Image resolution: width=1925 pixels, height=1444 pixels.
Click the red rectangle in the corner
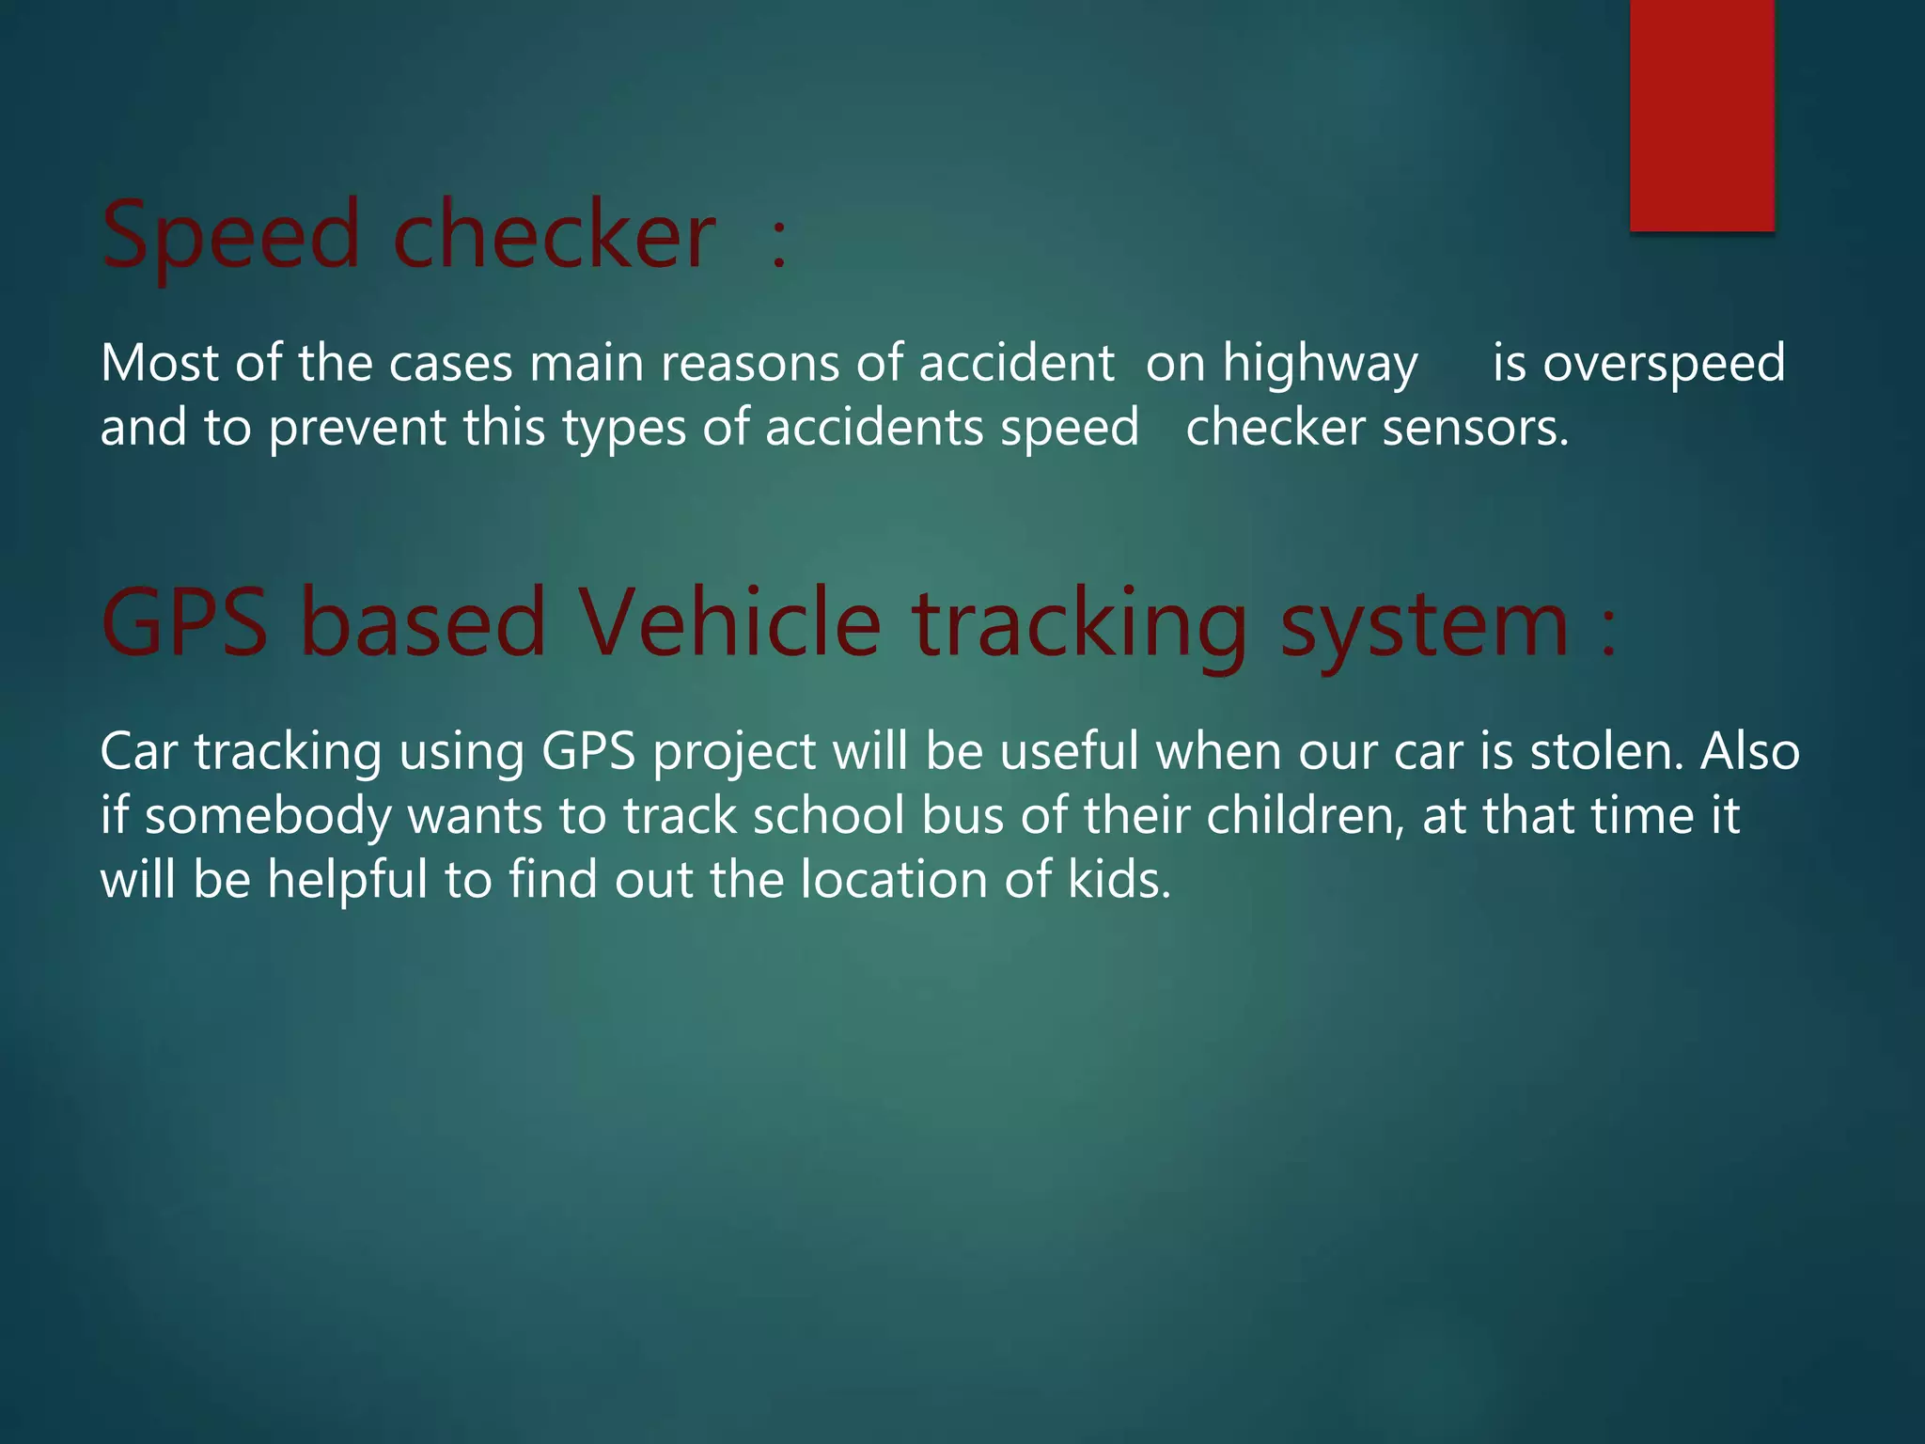(1701, 115)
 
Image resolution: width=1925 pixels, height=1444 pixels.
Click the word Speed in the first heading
(230, 236)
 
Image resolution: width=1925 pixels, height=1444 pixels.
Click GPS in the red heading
(184, 623)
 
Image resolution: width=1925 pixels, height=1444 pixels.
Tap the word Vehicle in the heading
(729, 623)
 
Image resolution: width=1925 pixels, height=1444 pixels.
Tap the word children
(1305, 816)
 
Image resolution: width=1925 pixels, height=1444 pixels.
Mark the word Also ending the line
(1749, 752)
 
